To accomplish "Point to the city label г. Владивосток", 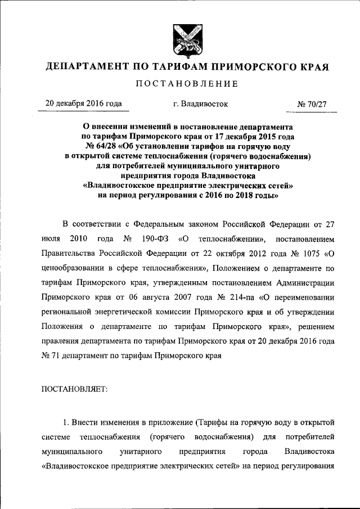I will coord(201,104).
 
